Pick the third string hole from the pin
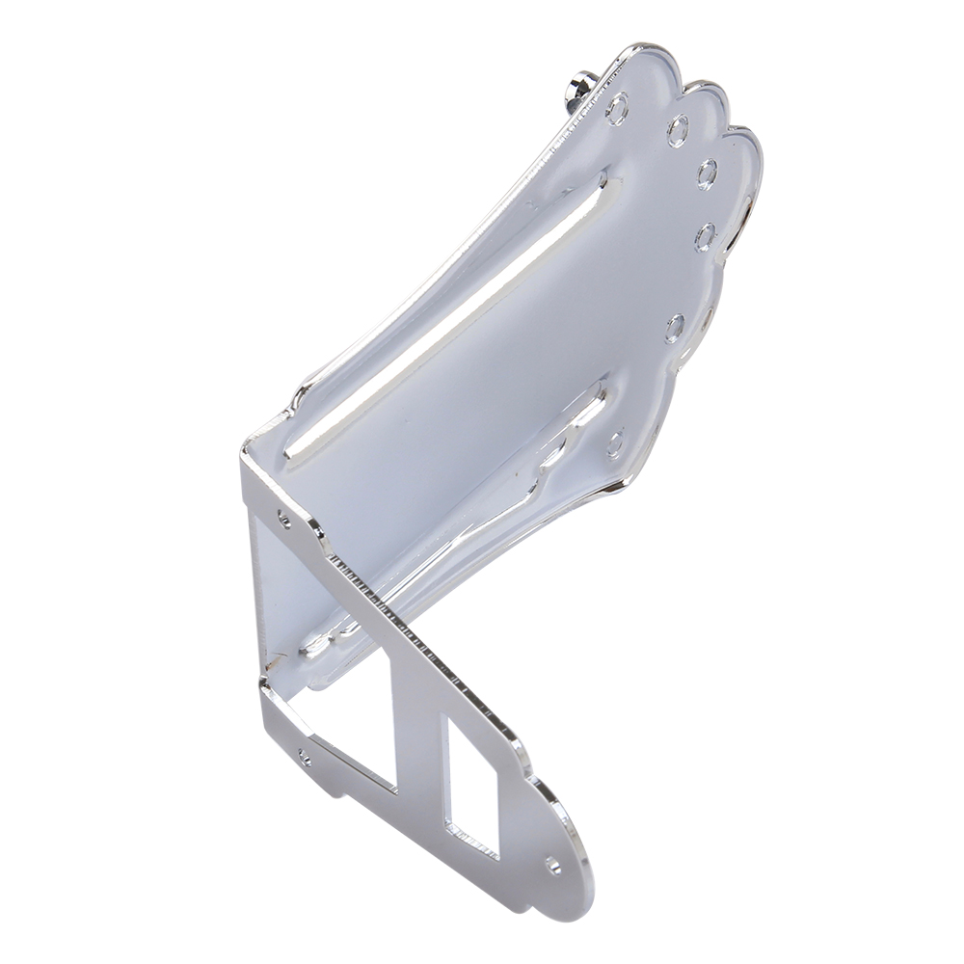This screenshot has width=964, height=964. (x=708, y=174)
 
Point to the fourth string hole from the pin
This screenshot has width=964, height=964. (x=707, y=235)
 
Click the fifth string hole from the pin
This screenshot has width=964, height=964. (x=675, y=327)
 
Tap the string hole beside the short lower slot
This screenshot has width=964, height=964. (x=615, y=443)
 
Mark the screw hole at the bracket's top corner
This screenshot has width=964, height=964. (x=283, y=520)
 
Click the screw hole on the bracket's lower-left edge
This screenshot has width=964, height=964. (x=305, y=757)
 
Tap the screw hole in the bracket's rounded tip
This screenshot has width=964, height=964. (x=553, y=865)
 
